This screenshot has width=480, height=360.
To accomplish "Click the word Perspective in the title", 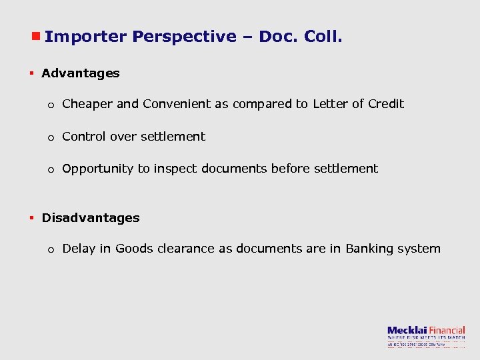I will [184, 37].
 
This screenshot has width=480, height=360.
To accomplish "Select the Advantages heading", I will [81, 73].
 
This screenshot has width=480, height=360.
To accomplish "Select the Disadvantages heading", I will [91, 218].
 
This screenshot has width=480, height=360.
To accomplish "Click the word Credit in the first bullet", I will [386, 104].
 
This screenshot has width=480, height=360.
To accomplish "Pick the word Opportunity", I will [98, 169].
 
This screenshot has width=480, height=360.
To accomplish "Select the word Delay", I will [77, 249].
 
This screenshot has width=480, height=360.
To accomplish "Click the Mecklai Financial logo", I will [426, 335].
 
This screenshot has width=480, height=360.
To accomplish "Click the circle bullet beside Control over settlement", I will [51, 138].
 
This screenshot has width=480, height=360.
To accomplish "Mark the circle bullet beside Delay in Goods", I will [51, 250].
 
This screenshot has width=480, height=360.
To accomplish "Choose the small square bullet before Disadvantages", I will [31, 218].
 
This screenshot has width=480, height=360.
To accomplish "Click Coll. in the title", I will [323, 37].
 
